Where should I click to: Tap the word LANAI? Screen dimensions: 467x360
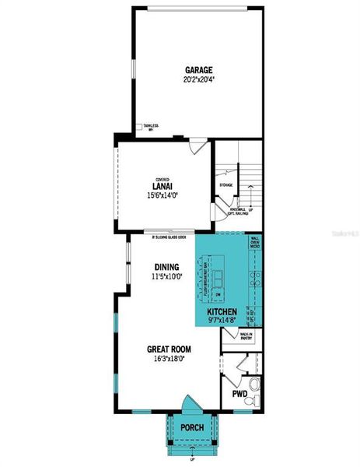[x=162, y=186]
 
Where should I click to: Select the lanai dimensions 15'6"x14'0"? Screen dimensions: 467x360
[x=163, y=195]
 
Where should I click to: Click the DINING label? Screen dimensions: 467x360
[x=166, y=265]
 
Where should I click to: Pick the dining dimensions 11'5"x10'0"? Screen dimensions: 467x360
[x=166, y=276]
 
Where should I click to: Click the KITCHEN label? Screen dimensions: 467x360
[x=222, y=311]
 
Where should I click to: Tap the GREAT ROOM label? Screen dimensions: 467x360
[x=170, y=349]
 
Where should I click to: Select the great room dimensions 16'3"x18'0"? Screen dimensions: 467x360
[x=169, y=360]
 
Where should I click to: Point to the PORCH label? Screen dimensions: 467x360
[x=192, y=428]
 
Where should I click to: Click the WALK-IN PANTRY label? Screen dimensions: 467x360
[x=247, y=337]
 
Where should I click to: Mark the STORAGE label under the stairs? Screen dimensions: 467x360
[x=226, y=185]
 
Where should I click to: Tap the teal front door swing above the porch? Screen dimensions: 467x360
[x=190, y=406]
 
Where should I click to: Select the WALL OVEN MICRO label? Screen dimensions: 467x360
[x=255, y=245]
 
